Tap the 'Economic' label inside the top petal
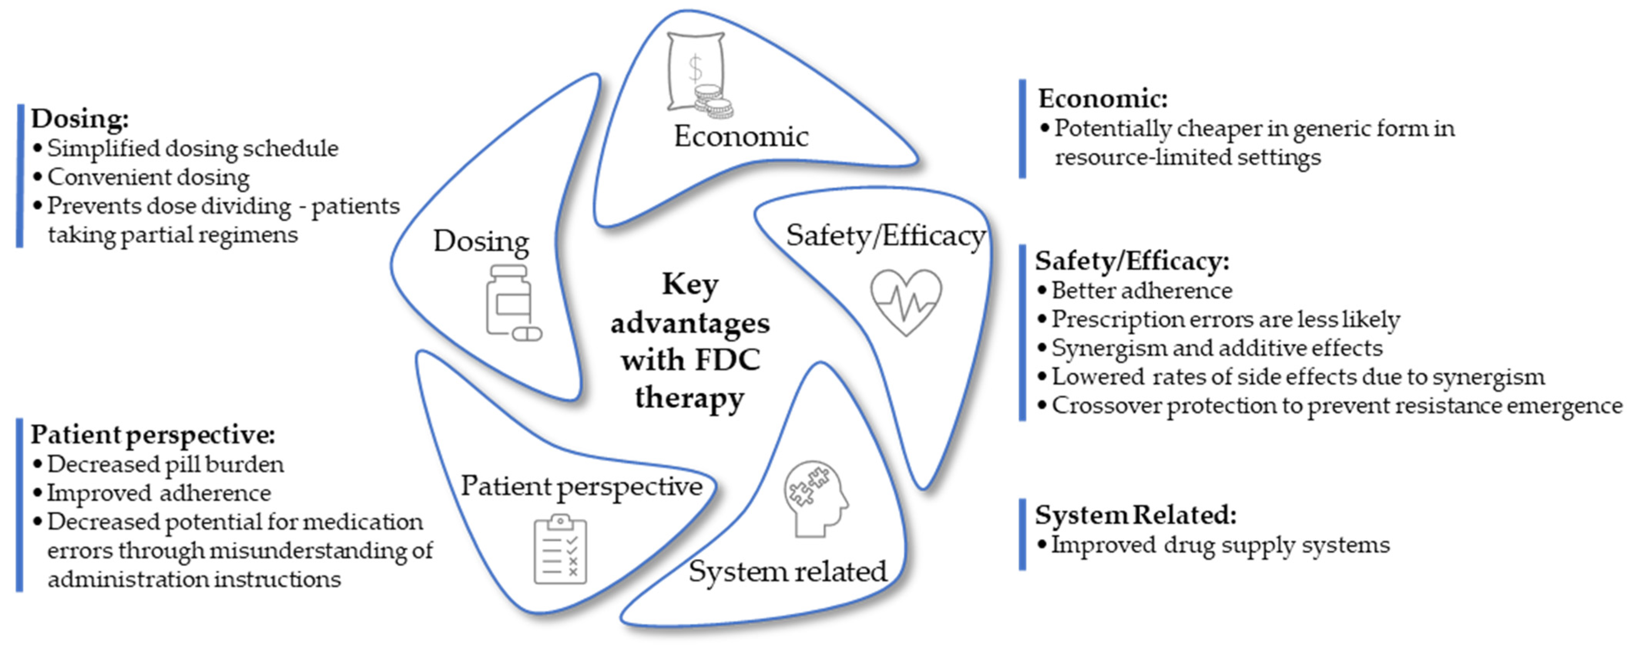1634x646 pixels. (x=741, y=136)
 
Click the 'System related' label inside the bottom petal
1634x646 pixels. (x=788, y=572)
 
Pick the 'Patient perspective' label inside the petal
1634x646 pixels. (x=581, y=487)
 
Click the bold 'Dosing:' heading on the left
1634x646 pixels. (x=80, y=119)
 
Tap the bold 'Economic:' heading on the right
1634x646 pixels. (x=1102, y=99)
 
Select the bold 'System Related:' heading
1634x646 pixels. (x=1136, y=515)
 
